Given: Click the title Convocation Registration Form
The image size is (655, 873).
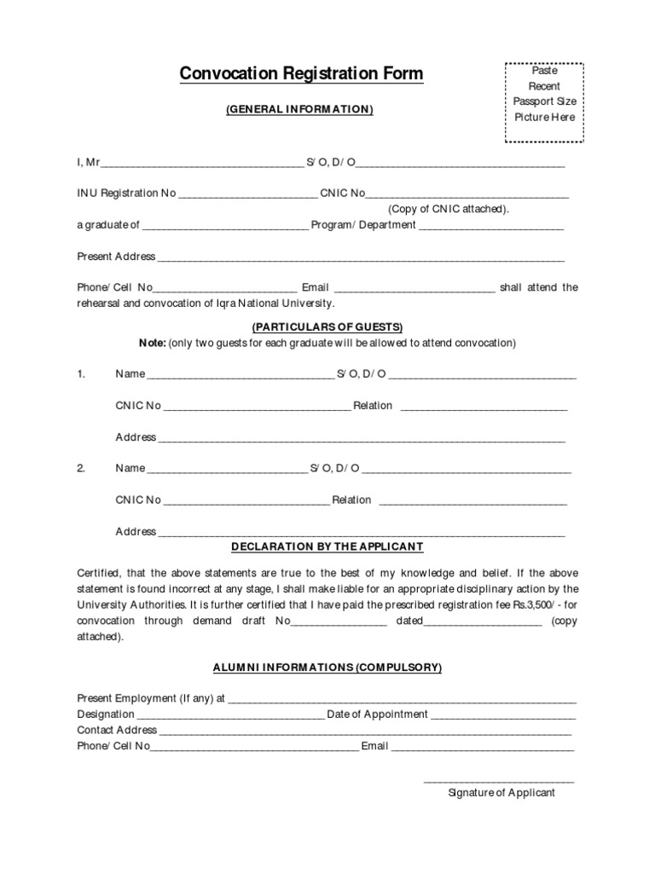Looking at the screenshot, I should click(x=301, y=74).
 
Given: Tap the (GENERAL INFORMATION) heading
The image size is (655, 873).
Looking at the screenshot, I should click(x=299, y=110).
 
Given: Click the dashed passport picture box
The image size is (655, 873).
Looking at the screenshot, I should click(x=544, y=102).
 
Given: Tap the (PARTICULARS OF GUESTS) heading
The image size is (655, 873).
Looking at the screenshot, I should click(x=327, y=327).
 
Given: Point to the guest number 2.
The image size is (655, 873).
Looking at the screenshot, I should click(x=81, y=468).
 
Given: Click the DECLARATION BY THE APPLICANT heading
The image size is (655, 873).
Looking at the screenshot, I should click(x=327, y=546).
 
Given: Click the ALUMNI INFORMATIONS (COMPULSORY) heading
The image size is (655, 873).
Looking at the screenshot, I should click(x=327, y=668).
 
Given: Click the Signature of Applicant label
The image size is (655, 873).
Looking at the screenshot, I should click(x=501, y=793).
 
